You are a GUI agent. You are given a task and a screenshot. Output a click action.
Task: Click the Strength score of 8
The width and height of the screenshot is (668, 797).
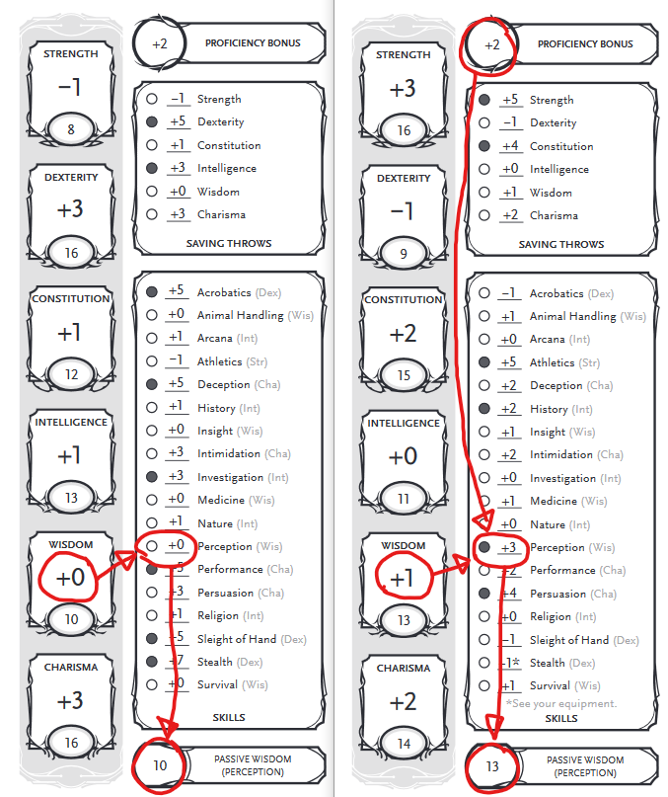[x=70, y=128]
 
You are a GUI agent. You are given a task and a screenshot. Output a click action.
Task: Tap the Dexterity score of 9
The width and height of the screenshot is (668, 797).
[x=403, y=252]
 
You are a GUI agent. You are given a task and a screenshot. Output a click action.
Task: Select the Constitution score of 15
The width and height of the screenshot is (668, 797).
[x=403, y=375]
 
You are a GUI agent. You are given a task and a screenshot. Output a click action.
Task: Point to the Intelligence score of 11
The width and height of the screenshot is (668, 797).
[x=403, y=499]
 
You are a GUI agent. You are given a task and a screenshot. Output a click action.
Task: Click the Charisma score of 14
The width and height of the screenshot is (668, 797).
[x=403, y=744]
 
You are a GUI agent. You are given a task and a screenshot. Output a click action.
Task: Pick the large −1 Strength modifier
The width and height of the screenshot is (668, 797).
[x=69, y=87]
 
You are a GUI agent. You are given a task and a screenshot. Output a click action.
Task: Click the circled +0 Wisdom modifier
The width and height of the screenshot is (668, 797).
[x=70, y=578]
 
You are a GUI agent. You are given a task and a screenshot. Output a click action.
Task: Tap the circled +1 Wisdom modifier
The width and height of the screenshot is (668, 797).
[x=403, y=579]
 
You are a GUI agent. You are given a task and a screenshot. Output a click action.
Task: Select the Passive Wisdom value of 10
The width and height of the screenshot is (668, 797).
[x=160, y=765]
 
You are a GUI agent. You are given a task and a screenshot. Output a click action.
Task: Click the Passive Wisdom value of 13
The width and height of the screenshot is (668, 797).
[x=492, y=766]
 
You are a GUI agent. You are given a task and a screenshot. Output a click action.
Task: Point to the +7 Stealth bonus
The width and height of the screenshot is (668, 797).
[x=179, y=662]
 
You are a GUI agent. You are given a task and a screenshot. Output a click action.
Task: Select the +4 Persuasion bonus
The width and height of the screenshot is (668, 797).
[x=510, y=594]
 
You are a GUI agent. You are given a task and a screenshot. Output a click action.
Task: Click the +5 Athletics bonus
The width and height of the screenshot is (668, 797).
[x=510, y=362]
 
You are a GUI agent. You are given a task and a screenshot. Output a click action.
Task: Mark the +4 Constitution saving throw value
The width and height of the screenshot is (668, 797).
[x=510, y=146]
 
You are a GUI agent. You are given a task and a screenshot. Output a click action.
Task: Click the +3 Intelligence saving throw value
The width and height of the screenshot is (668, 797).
[x=178, y=168]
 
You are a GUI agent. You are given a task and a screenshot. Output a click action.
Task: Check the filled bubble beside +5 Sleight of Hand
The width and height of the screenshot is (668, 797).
[x=152, y=639]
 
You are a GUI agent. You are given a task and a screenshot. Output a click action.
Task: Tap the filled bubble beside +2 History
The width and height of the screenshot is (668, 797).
[x=484, y=409]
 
